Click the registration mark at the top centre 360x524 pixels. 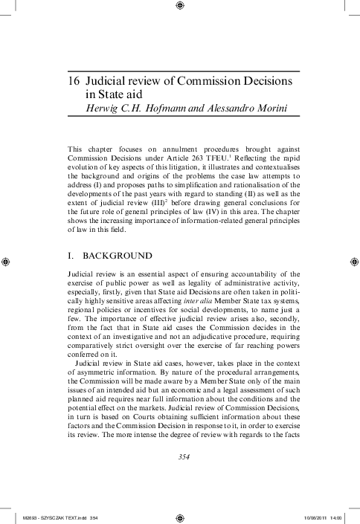(180, 7)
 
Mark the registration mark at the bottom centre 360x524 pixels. (180, 515)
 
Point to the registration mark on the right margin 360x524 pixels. (352, 262)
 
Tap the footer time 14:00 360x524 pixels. (341, 517)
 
